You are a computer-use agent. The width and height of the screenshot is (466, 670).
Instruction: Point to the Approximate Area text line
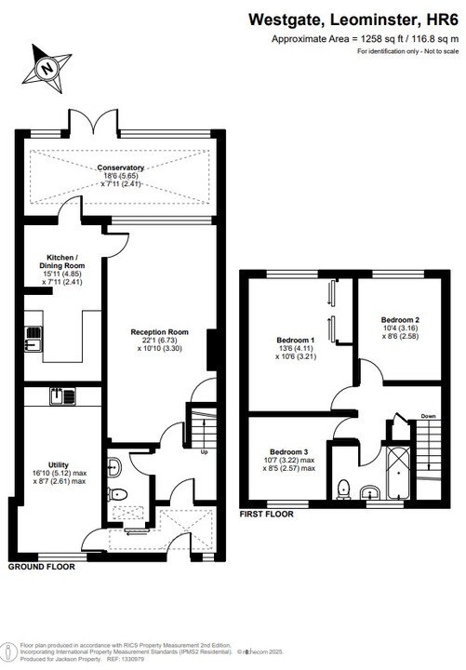[x=365, y=39]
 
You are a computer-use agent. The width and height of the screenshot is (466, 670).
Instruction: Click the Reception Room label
[x=159, y=340]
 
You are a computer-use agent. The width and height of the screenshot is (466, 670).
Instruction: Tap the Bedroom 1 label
[x=295, y=347]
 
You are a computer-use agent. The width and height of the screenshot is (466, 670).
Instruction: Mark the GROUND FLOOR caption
[x=42, y=566]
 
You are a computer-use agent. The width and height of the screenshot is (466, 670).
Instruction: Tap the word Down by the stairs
[x=428, y=416]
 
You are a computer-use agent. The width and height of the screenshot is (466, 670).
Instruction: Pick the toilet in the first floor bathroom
[x=343, y=489]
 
